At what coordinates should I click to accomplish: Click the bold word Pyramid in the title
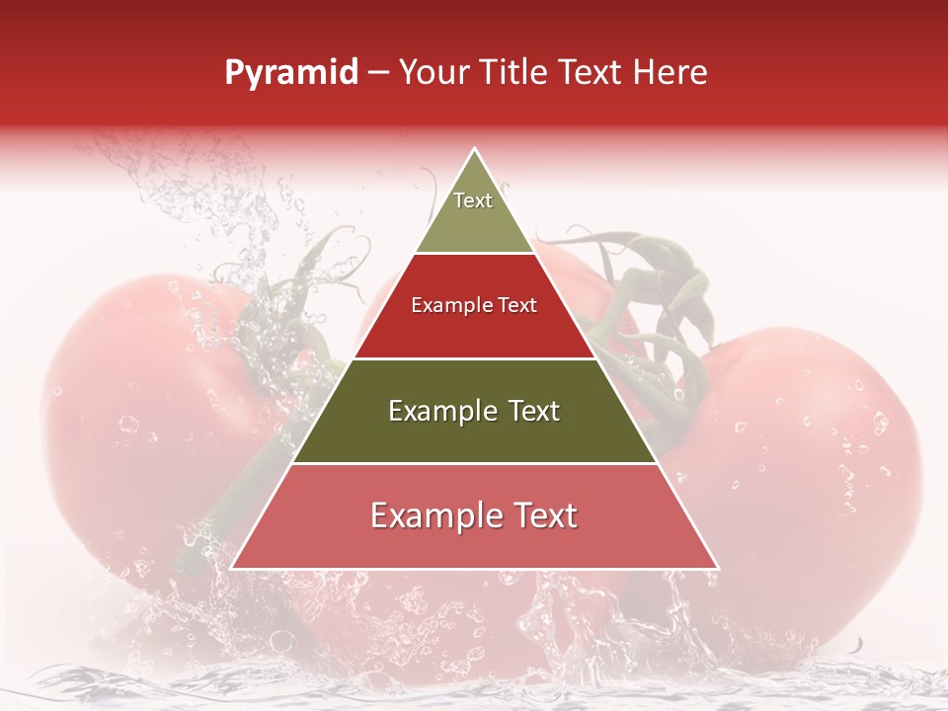coord(291,73)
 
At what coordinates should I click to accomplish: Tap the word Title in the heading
coord(516,72)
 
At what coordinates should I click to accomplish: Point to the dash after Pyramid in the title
coord(377,73)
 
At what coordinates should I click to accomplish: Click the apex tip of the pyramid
coord(475,149)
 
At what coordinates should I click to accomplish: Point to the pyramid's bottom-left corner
coord(232,568)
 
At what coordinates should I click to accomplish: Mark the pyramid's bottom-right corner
coord(718,568)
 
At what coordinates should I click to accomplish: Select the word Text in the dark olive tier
coord(529,411)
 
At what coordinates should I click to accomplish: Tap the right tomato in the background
coord(810,444)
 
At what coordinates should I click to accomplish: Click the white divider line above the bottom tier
coord(474,463)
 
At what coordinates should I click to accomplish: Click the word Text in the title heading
coord(593,72)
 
